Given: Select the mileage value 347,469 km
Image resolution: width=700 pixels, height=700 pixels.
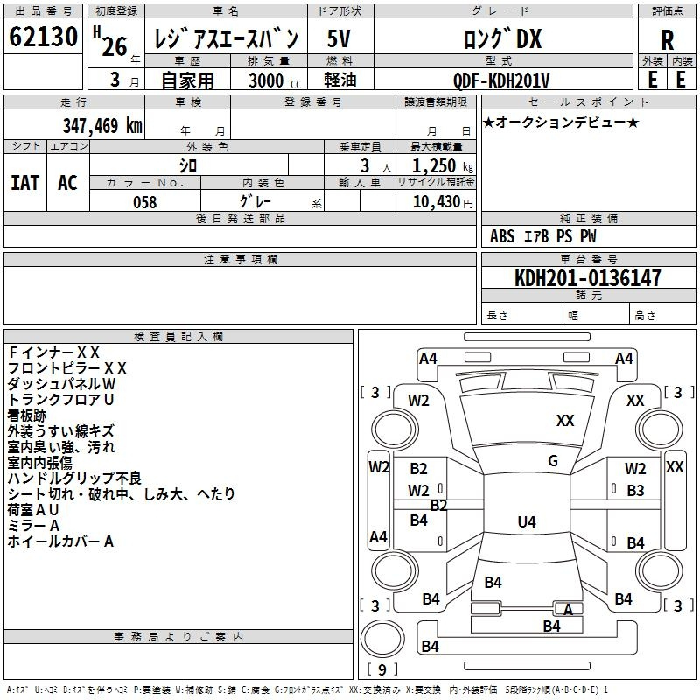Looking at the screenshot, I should pyautogui.click(x=102, y=125).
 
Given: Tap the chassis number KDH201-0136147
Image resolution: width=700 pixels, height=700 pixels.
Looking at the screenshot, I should pyautogui.click(x=588, y=278).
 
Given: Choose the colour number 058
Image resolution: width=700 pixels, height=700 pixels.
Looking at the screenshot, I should pyautogui.click(x=144, y=202).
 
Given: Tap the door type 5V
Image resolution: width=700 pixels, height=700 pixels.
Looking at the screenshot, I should pyautogui.click(x=339, y=38).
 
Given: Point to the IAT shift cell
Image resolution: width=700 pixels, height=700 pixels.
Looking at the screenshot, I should pyautogui.click(x=24, y=182).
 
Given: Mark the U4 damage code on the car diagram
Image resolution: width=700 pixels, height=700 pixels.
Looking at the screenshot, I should pyautogui.click(x=526, y=522).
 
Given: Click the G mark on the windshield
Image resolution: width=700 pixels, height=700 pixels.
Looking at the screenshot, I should pyautogui.click(x=552, y=461).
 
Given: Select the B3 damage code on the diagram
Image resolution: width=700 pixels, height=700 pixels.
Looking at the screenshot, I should pyautogui.click(x=635, y=491).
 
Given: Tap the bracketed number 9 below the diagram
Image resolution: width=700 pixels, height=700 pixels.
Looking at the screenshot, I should pyautogui.click(x=381, y=670).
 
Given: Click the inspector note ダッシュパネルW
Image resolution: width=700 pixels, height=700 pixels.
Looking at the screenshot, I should pyautogui.click(x=61, y=384).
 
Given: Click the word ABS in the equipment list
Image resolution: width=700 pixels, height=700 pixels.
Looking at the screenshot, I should pyautogui.click(x=502, y=236).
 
